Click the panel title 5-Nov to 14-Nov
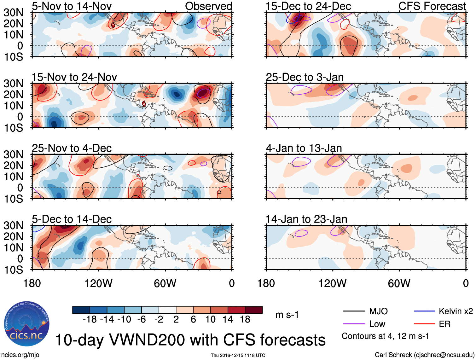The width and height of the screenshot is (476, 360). coord(72,6)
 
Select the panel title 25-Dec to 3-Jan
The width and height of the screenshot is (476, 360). coord(305,77)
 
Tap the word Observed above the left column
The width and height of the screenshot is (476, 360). coord(208,6)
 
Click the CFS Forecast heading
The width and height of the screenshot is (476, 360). coord(432,6)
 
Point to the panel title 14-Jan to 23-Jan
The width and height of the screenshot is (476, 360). coord(306,219)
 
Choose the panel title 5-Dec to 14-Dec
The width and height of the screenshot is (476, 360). coord(72,219)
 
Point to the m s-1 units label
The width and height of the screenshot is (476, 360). coord(287,315)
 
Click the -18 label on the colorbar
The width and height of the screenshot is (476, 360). coord(90,320)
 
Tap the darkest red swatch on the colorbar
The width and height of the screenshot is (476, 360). coord(254,310)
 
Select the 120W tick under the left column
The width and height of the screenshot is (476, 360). coord(98,283)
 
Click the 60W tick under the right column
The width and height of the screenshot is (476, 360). coord(399,283)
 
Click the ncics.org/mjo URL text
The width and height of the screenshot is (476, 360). coord(20,355)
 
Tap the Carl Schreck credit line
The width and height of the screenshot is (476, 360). coord(424,355)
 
